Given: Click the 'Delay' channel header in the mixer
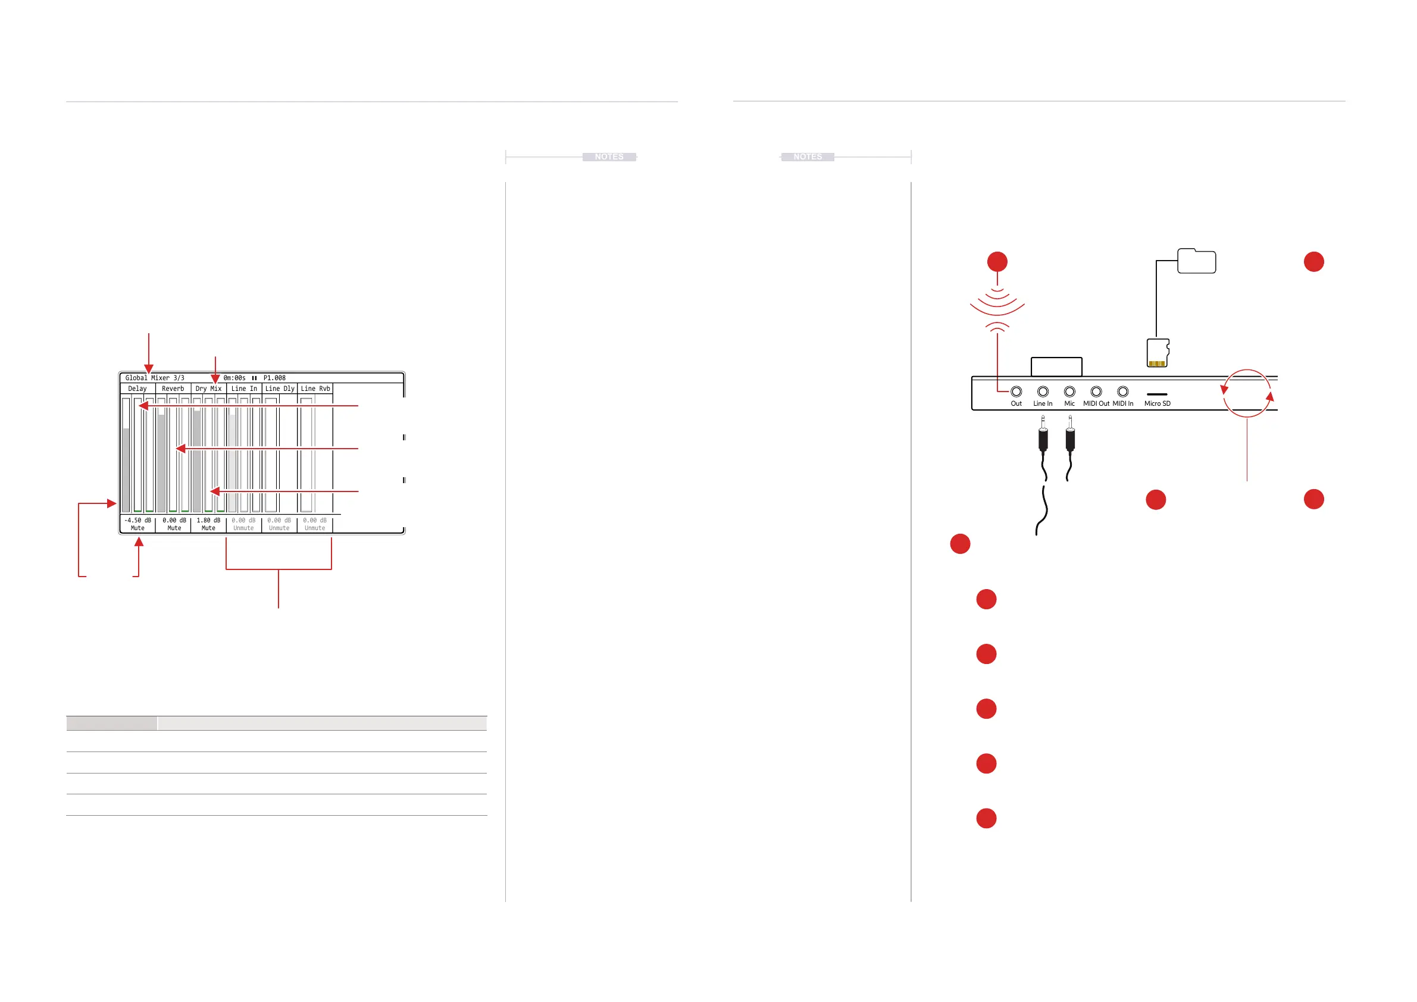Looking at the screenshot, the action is coord(137,389).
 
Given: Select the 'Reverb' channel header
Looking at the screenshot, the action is coord(173,389).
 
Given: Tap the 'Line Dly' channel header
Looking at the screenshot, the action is coord(280,389).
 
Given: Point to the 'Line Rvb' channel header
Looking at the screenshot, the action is coord(315,389).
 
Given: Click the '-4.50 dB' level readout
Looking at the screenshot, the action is coord(137,520).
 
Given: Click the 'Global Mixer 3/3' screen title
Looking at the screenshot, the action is coord(154,378).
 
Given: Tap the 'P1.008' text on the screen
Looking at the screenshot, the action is coord(274,378).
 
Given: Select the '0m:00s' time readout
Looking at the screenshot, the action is coord(234,378).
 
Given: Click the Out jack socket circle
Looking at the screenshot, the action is coord(1016,391).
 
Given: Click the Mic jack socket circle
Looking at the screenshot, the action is coord(1069,391).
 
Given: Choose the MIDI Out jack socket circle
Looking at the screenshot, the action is coord(1096,391).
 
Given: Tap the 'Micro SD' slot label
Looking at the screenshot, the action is coord(1157,403).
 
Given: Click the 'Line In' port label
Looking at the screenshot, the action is coord(1043,403).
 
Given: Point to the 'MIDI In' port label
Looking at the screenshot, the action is coord(1122,403).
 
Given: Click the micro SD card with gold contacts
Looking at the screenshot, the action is coord(1158,353).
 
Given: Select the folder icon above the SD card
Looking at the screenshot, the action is coord(1196,261).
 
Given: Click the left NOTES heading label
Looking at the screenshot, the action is coord(609,156).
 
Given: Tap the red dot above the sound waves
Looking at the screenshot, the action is coord(997,262).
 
